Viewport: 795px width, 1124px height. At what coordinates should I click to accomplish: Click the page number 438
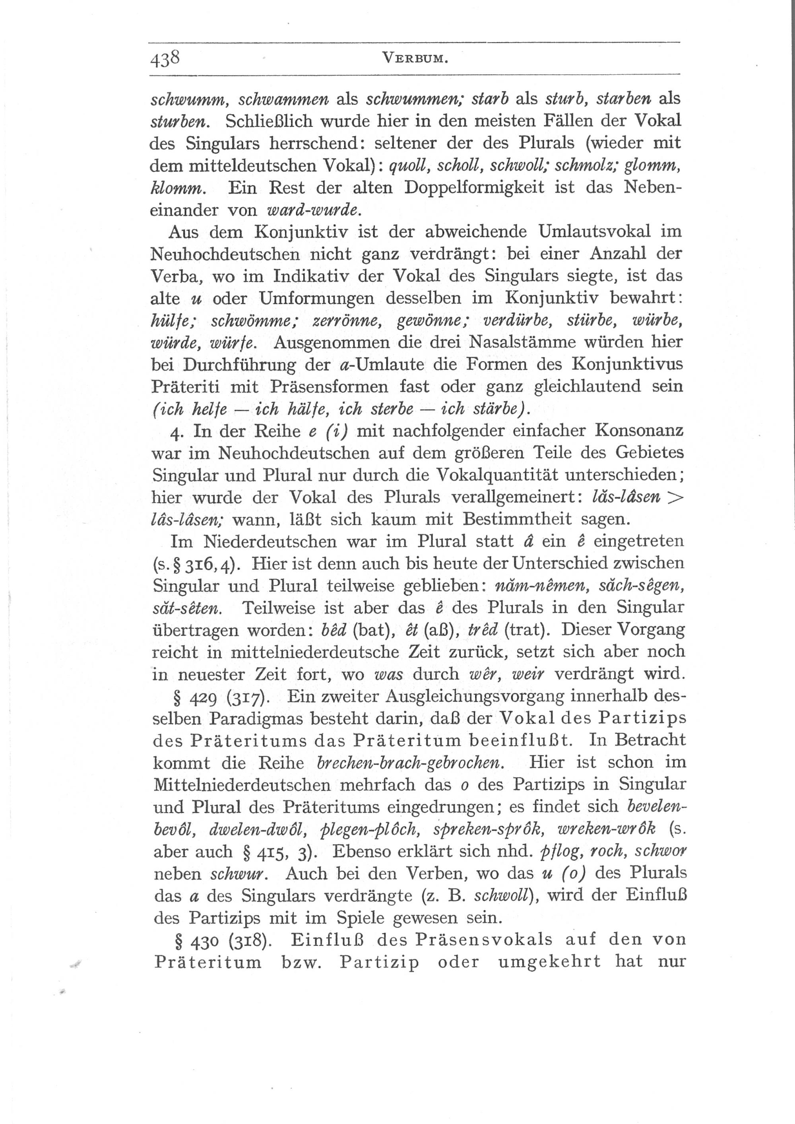(x=166, y=60)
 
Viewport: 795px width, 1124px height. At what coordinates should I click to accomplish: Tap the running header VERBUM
(x=415, y=59)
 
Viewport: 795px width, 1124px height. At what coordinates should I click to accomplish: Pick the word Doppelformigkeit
(x=474, y=188)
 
